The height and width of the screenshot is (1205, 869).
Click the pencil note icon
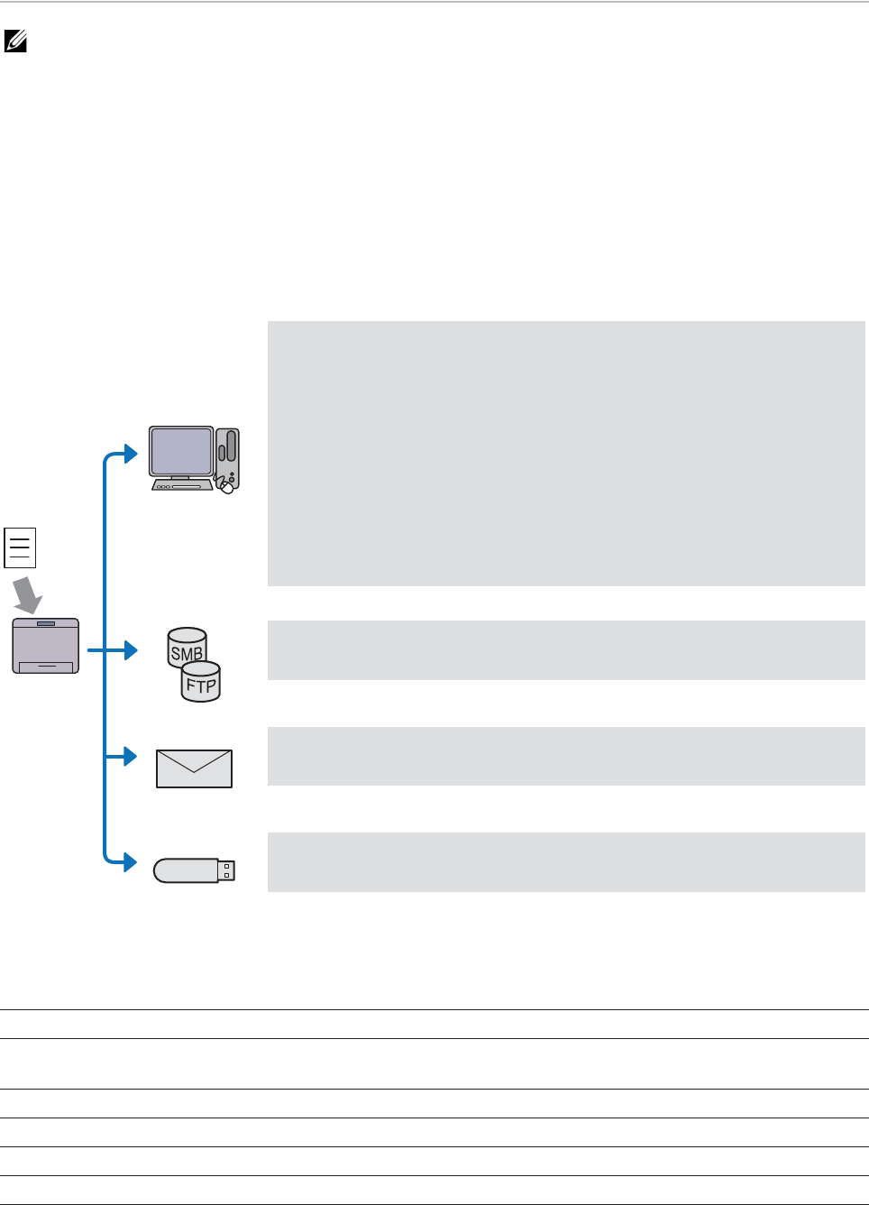click(x=15, y=41)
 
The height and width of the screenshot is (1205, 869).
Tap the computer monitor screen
click(x=181, y=451)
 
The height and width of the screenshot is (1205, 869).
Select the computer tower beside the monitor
click(x=229, y=452)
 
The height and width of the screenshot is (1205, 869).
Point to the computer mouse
click(x=226, y=487)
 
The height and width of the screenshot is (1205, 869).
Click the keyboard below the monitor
click(x=181, y=485)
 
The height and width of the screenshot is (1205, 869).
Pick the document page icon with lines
click(x=20, y=547)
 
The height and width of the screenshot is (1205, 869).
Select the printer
click(x=45, y=646)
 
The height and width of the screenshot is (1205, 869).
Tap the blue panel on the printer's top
click(x=45, y=623)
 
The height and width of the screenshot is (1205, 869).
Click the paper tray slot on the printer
click(x=45, y=667)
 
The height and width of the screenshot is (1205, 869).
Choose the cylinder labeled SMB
click(x=187, y=647)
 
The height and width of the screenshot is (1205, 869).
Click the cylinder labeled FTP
click(x=201, y=683)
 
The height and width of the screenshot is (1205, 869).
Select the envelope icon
click(x=194, y=768)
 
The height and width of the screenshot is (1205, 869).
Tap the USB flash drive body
click(x=186, y=870)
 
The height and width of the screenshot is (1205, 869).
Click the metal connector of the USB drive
click(x=226, y=870)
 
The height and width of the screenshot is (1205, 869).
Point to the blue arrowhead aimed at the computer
click(x=131, y=453)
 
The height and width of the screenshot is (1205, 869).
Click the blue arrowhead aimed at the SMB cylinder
click(x=131, y=649)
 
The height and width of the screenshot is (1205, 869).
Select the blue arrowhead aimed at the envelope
click(x=131, y=756)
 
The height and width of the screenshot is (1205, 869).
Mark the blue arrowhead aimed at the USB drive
click(x=131, y=862)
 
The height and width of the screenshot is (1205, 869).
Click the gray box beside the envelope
click(x=566, y=756)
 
